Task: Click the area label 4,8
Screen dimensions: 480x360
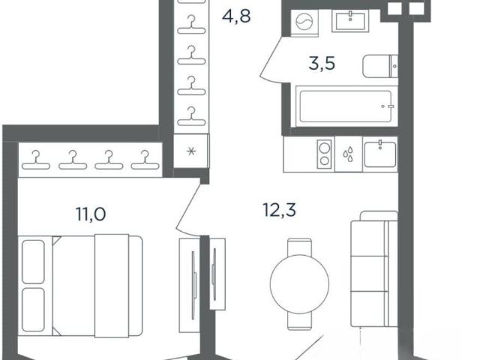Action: [236, 16]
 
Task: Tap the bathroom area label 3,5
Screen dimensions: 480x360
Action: [322, 64]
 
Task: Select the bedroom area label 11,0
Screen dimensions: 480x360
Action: [91, 214]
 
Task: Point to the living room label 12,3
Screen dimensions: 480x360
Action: [280, 210]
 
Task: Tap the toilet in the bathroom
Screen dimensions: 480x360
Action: [380, 66]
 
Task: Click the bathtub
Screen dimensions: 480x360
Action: [346, 106]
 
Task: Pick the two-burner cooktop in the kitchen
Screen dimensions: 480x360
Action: [325, 154]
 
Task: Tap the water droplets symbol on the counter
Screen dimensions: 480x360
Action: [348, 154]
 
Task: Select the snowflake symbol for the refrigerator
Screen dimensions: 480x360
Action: [191, 151]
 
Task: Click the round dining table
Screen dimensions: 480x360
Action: [299, 284]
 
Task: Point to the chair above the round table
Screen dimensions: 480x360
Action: [300, 247]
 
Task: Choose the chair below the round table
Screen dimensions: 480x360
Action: [300, 322]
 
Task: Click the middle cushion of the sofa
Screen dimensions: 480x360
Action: [369, 274]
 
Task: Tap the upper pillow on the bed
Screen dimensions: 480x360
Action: [33, 262]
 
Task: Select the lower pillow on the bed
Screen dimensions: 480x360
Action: [33, 310]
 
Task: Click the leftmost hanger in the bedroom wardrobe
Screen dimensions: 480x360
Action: [36, 160]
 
